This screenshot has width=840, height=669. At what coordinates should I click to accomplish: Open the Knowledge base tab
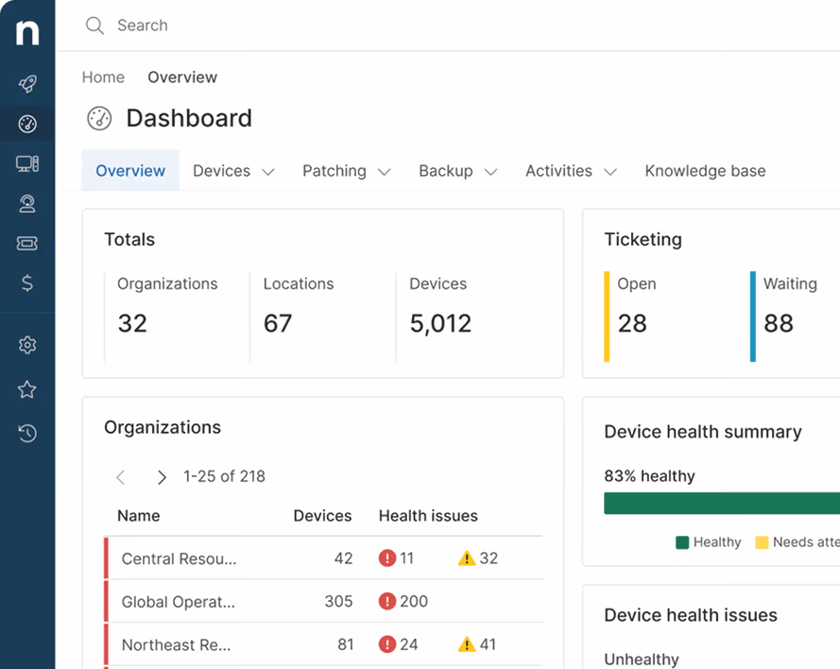(x=705, y=171)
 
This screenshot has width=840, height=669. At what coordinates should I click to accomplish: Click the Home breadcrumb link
(x=103, y=77)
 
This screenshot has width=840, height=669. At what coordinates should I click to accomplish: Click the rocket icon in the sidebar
(x=27, y=83)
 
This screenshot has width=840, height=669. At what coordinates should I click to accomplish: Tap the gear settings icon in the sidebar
(x=27, y=345)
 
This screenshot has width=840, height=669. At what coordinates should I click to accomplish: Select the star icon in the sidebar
(x=27, y=389)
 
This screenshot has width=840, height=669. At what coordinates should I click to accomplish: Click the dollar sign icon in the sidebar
(x=27, y=283)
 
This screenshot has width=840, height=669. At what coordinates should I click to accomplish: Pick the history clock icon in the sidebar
(x=27, y=433)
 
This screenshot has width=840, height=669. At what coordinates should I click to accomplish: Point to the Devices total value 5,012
(x=440, y=323)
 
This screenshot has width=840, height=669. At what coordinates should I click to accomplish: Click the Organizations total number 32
(x=132, y=323)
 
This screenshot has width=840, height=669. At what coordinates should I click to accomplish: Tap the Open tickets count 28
(x=632, y=323)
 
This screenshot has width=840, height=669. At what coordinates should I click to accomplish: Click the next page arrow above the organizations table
(x=162, y=476)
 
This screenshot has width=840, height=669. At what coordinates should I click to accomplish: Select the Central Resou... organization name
(x=179, y=558)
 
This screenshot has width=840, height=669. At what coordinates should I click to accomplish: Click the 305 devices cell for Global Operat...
(x=338, y=602)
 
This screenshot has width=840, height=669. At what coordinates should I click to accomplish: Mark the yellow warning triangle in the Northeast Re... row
(x=467, y=643)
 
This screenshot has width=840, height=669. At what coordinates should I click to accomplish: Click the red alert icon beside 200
(x=386, y=601)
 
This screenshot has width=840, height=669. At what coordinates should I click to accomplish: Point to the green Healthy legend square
(x=682, y=542)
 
